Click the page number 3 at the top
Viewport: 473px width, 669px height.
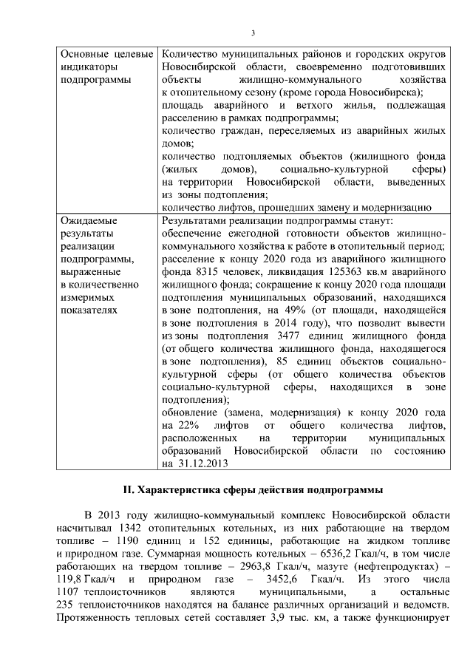tap(253, 33)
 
